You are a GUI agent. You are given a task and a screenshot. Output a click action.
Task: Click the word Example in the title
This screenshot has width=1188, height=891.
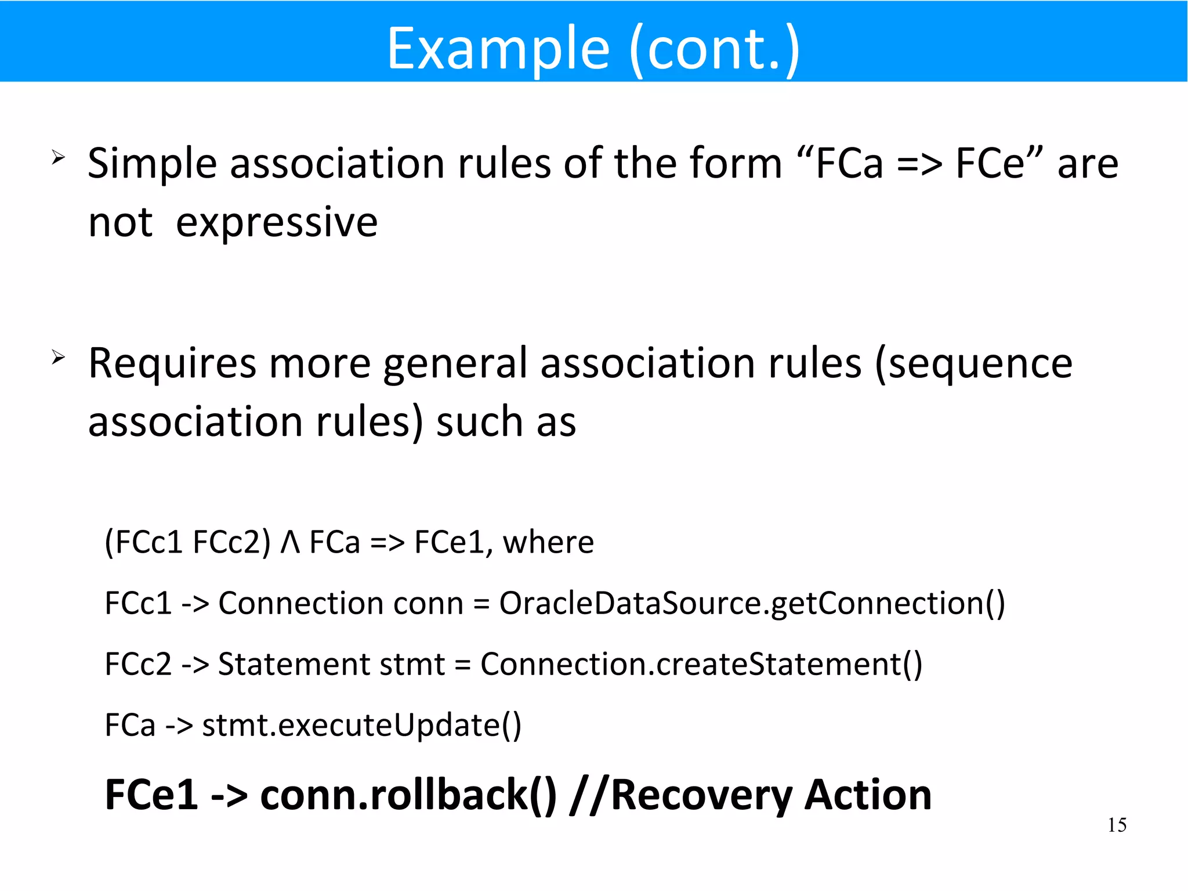tap(498, 49)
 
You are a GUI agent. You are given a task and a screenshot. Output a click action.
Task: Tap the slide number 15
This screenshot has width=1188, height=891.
tap(1117, 825)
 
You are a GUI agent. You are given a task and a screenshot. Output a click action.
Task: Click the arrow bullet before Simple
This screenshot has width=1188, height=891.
tap(58, 157)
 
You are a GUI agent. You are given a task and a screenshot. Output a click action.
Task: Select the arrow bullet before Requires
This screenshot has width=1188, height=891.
tap(58, 356)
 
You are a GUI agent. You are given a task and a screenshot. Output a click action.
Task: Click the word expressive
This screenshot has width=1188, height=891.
tap(277, 222)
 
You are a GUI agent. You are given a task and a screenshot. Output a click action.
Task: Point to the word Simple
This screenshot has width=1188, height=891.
tap(152, 164)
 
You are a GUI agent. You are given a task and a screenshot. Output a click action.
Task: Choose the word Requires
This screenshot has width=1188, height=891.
tap(172, 364)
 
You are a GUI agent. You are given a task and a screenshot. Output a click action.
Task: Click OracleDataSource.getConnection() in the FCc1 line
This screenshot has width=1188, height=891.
tap(752, 603)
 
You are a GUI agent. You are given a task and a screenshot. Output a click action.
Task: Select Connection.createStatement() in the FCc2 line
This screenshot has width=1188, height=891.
tap(701, 664)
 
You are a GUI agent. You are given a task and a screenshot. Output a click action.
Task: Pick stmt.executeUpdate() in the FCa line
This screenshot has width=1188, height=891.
tap(361, 725)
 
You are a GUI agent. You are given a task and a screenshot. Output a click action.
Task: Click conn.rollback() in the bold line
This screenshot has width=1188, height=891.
tap(408, 795)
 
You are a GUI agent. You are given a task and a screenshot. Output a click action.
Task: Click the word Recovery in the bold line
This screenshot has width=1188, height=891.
tap(701, 795)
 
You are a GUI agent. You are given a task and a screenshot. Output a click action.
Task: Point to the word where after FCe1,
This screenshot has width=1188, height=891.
tap(548, 543)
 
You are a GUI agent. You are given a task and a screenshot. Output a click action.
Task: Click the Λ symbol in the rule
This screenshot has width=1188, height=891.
tap(290, 543)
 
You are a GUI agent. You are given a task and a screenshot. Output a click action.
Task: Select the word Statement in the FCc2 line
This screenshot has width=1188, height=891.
tap(294, 664)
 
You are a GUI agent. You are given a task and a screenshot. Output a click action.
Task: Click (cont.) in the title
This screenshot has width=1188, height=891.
tap(715, 49)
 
